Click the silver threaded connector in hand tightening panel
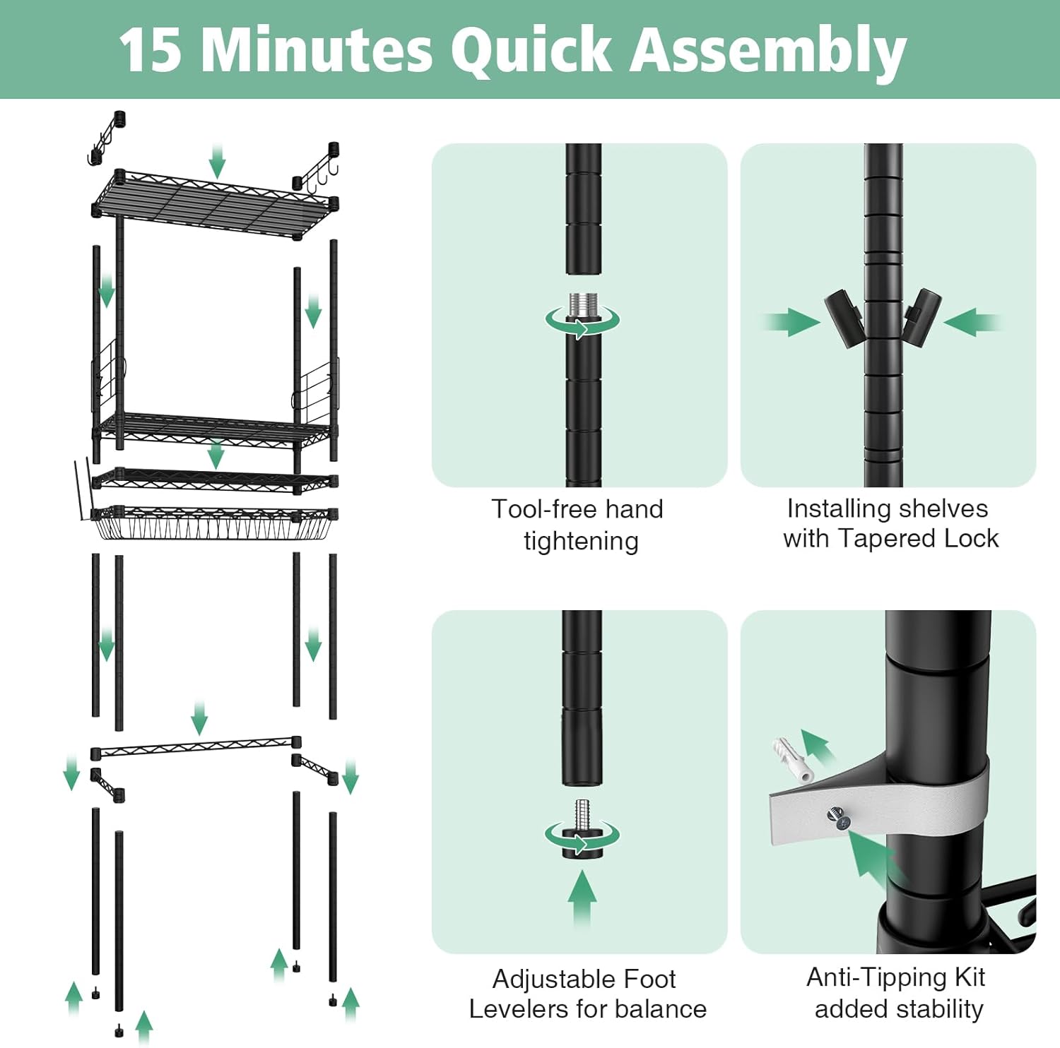[583, 308]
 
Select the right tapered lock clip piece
[922, 314]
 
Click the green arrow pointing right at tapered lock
[791, 323]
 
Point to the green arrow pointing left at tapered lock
[972, 323]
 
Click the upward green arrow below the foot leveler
[582, 897]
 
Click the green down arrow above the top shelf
[217, 161]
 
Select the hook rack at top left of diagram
[106, 137]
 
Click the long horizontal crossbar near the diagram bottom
[194, 747]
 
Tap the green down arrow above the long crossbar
[199, 718]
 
